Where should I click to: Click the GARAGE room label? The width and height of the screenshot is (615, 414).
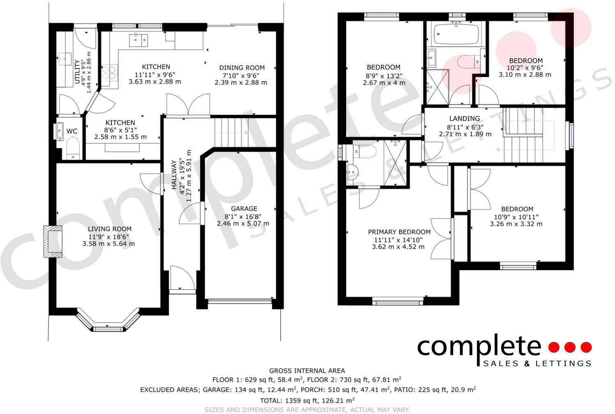tap(244, 209)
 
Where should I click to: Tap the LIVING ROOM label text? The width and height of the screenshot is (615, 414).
tap(109, 229)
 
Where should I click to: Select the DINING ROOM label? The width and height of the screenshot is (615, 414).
tap(242, 67)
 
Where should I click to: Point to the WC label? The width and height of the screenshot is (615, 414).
tap(72, 131)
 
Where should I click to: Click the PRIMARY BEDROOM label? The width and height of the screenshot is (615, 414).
tap(399, 232)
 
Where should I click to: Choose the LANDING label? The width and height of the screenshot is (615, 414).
tap(465, 119)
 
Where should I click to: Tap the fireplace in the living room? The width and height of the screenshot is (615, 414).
tap(53, 241)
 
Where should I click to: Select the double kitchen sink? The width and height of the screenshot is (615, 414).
tap(139, 40)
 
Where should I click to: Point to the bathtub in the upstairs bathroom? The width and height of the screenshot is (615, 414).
tap(455, 34)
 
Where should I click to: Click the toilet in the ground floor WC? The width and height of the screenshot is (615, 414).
tap(73, 148)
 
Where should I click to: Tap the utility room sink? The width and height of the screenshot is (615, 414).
tap(65, 59)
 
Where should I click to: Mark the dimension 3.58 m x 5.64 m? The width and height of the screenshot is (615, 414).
tap(109, 244)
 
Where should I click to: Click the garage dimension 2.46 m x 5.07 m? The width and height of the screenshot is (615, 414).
tap(243, 223)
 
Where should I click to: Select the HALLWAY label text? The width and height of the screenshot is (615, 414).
tap(174, 175)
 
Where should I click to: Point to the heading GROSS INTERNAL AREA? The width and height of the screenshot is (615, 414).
tap(307, 371)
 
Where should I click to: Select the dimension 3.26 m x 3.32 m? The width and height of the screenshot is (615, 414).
tap(516, 224)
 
